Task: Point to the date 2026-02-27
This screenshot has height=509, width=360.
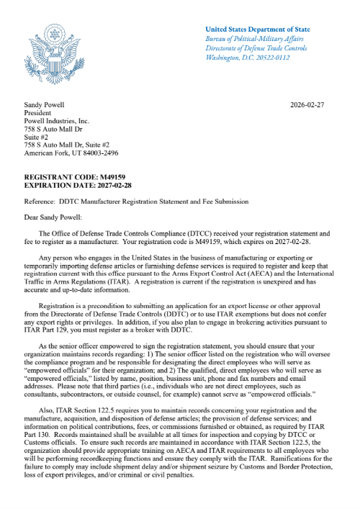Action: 307,104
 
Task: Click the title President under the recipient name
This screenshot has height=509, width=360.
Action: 41,113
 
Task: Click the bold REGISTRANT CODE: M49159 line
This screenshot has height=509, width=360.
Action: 71,176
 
